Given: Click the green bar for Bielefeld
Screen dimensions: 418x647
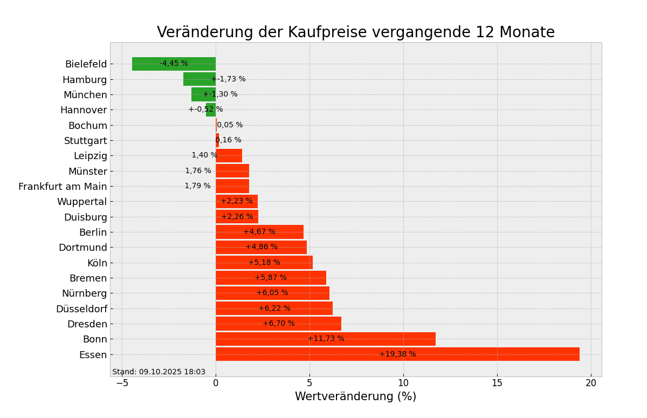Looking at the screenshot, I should (174, 64).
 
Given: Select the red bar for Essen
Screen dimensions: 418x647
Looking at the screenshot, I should (397, 354).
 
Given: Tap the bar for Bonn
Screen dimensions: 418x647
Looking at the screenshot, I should (325, 339).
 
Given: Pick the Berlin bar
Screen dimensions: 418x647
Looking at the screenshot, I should (259, 232).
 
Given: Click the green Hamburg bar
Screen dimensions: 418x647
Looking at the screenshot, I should (199, 79).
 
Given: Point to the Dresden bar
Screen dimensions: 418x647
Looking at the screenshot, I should (278, 324).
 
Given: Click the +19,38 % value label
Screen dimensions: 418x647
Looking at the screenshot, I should (397, 354).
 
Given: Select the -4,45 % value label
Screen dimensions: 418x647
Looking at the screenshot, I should (174, 64).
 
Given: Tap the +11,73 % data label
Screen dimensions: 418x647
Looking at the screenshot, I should (326, 339).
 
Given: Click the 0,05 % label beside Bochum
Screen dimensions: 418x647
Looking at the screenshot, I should (230, 125).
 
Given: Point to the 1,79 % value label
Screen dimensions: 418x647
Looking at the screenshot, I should (197, 186).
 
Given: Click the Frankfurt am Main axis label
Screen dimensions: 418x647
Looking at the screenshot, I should (63, 187).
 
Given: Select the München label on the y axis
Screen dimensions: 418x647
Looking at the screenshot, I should (85, 95).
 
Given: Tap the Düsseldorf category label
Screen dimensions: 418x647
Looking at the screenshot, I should (81, 309).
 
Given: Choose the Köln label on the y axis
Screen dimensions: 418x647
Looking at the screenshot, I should (97, 263).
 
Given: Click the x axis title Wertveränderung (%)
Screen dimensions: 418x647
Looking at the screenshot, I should (355, 397).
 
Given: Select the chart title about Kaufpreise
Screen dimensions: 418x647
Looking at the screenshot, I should (355, 32).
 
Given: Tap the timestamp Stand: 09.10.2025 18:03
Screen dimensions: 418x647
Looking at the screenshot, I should (159, 372).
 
